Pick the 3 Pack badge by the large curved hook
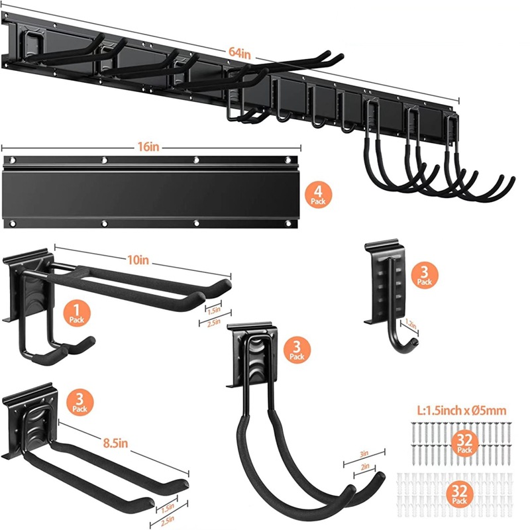(x=296, y=351)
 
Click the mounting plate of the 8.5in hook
(x=33, y=424)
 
